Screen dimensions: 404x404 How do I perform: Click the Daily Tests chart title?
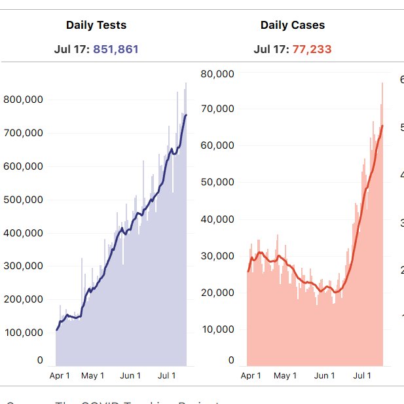point(96,26)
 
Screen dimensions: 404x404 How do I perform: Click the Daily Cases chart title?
point(293,26)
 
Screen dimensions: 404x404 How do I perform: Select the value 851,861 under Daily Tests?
point(116,49)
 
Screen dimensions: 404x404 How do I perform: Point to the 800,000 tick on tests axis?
point(24,100)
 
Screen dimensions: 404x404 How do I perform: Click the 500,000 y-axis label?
point(24,200)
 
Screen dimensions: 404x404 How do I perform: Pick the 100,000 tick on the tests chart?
point(24,333)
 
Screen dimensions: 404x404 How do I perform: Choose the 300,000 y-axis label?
point(24,266)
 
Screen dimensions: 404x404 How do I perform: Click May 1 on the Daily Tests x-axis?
point(93,376)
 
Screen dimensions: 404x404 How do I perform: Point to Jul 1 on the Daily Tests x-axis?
point(167,376)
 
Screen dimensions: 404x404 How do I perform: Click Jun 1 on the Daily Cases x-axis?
point(325,376)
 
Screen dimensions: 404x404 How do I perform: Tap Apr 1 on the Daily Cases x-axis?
point(251,376)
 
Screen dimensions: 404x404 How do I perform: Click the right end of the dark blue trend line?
point(186,115)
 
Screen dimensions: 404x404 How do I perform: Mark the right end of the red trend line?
point(382,126)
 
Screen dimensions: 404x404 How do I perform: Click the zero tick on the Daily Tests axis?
point(40,360)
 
